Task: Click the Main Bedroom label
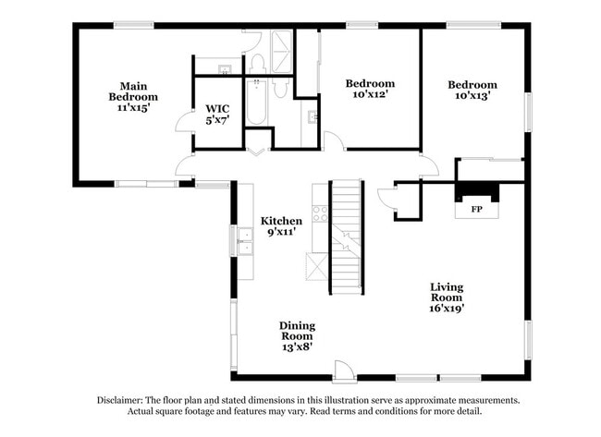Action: [x=132, y=90]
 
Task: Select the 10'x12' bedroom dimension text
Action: [x=370, y=93]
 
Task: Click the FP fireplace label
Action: [x=477, y=210]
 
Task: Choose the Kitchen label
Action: [x=281, y=221]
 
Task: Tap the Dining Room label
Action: [x=298, y=332]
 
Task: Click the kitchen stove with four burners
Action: [x=319, y=213]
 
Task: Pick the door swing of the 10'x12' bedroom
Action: [x=334, y=141]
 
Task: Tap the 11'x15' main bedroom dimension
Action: [x=132, y=107]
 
